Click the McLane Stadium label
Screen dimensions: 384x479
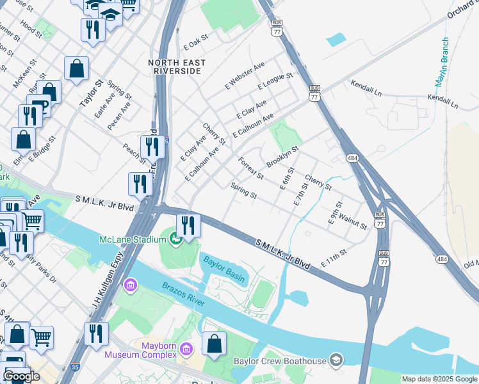click(133, 239)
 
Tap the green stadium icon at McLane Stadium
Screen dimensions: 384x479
click(175, 240)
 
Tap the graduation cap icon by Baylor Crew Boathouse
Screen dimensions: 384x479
click(335, 361)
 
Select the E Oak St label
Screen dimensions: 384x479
click(196, 38)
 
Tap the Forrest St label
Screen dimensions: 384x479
click(250, 168)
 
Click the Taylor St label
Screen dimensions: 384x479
click(90, 93)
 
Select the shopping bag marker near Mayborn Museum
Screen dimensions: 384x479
click(214, 344)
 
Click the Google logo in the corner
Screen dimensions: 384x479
click(21, 376)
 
